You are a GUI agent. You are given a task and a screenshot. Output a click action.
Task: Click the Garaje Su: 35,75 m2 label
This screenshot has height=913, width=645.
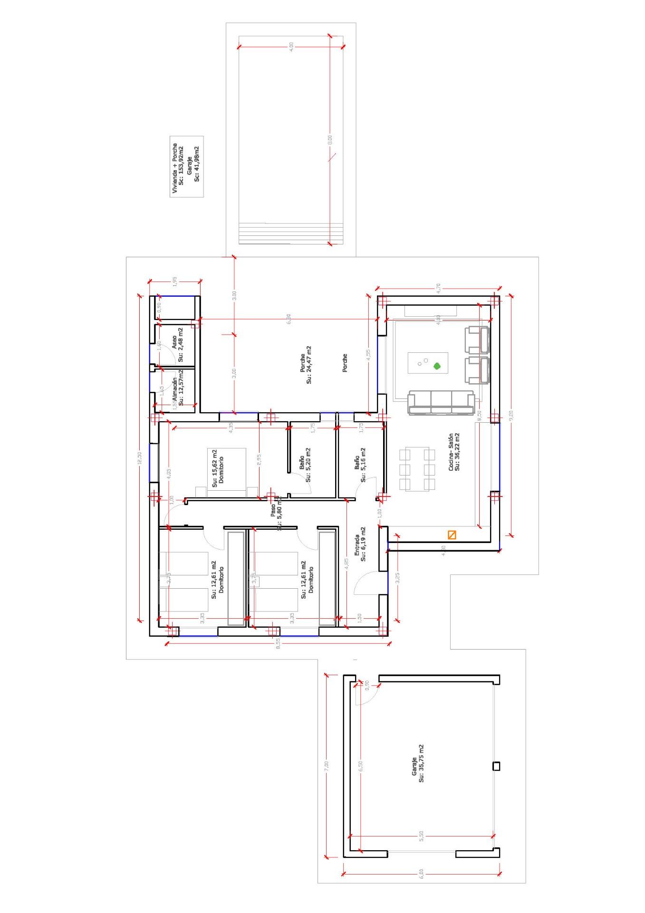(417, 770)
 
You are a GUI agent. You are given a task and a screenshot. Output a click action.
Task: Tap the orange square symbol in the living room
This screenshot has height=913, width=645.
(452, 535)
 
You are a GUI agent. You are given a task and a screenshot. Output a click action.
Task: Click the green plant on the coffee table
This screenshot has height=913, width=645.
(436, 366)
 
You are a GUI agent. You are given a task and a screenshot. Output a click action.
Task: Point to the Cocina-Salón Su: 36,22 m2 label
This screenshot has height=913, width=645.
(453, 452)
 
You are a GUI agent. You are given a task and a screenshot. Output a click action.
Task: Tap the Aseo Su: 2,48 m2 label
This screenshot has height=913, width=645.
(177, 344)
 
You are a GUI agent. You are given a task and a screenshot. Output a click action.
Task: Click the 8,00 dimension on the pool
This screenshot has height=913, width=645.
(330, 140)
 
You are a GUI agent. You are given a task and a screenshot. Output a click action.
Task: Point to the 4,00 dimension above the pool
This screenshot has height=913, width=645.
(291, 46)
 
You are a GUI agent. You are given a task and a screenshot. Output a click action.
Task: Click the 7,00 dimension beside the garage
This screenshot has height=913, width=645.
(326, 766)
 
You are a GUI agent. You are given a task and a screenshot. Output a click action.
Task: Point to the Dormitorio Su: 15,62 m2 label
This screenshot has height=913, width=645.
(217, 468)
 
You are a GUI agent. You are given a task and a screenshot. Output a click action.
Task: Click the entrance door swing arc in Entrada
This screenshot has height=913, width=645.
(364, 581)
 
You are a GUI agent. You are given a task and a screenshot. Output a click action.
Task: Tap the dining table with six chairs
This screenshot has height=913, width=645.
(417, 469)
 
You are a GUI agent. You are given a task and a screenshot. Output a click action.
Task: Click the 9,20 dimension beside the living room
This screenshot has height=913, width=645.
(511, 416)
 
